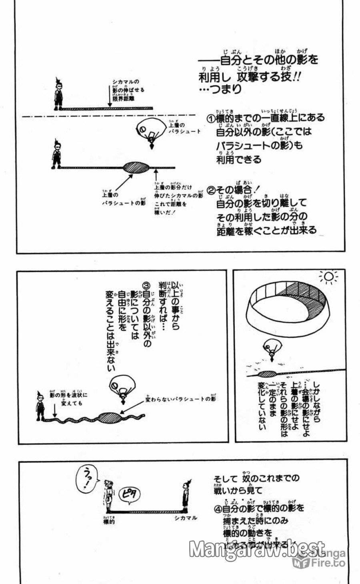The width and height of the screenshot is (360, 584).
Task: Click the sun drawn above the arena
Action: pos(328,277)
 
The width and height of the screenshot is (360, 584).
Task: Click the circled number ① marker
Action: pos(211,118)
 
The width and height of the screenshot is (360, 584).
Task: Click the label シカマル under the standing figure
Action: pos(186,518)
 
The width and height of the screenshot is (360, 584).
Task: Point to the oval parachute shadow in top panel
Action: pos(136,167)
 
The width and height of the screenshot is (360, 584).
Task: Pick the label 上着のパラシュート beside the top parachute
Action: pos(184,129)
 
